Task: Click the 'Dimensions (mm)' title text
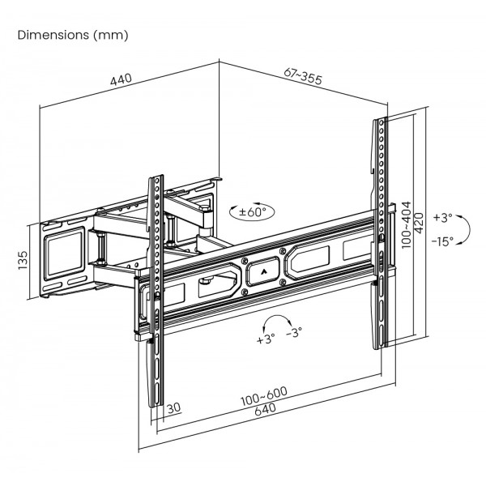tap(72, 36)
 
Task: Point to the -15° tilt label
tap(442, 241)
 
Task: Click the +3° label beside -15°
tap(442, 218)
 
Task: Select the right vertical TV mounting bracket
tap(380, 235)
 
